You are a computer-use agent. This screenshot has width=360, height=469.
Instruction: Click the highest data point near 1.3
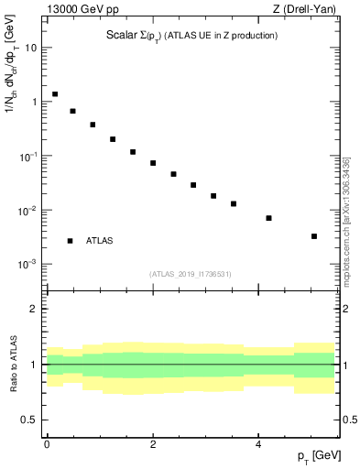(55, 93)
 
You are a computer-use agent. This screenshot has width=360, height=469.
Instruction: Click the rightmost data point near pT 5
(314, 236)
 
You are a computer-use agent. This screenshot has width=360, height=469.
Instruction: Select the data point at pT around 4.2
(268, 218)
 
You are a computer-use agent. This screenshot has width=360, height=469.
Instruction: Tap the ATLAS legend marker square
(71, 241)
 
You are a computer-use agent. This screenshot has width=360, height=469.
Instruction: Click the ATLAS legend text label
(99, 241)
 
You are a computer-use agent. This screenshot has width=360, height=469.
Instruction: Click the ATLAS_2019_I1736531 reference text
(191, 274)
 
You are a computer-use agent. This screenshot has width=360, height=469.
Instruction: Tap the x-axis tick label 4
(259, 442)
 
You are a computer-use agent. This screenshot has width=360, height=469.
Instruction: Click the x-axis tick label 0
(47, 442)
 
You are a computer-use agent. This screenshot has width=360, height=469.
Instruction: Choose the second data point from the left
(72, 111)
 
